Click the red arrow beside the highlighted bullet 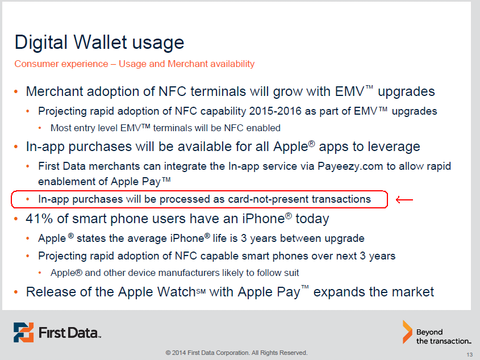[404, 200]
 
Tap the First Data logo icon [23, 332]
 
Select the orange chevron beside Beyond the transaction [407, 332]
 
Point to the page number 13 [470, 354]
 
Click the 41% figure [40, 219]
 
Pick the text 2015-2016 [275, 111]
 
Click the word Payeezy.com [350, 166]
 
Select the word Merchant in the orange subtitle [186, 64]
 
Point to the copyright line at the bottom [236, 353]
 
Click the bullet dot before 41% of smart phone [16, 219]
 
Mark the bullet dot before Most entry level [40, 128]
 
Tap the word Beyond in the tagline [429, 332]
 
